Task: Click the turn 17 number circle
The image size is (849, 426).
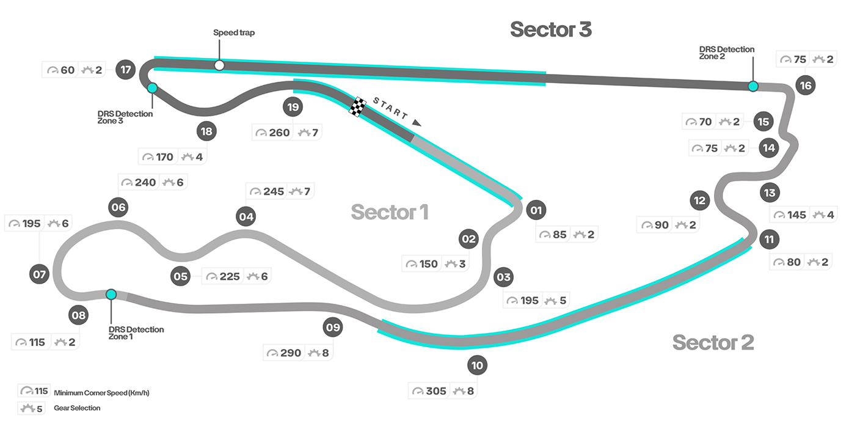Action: coord(126,70)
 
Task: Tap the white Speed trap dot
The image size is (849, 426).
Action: coord(219,65)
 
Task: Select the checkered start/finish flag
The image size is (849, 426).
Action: coord(357,106)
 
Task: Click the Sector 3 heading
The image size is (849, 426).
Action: coord(551,29)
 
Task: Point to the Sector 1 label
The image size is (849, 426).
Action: coord(390,212)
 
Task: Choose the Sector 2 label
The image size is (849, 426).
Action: coord(713,342)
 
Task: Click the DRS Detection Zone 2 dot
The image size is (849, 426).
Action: coord(753,86)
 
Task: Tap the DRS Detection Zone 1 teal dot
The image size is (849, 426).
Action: coord(111,294)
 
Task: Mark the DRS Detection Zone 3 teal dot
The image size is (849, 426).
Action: coord(152,88)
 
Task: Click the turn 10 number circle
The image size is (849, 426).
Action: coord(477,365)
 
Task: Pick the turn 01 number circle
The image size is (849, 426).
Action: coord(536,211)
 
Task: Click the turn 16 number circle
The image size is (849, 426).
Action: coord(806,86)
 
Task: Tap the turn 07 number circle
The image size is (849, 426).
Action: coord(40,274)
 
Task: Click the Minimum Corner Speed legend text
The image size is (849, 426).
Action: coord(101,393)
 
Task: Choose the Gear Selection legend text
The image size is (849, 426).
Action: coord(77,408)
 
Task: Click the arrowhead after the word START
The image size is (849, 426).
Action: coord(417,123)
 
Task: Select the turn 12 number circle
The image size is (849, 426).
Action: coord(699,200)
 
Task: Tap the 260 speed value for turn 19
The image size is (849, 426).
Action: coord(280,133)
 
